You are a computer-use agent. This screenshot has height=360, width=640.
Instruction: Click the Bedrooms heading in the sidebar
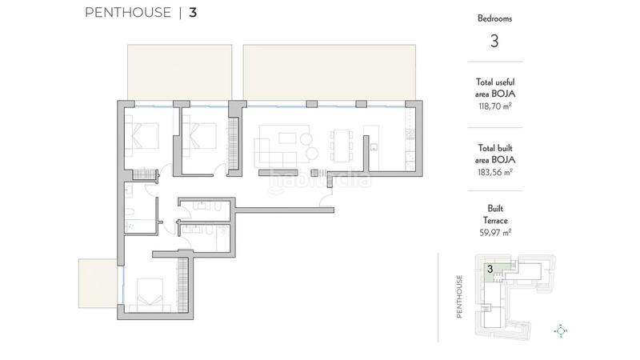pyautogui.click(x=494, y=18)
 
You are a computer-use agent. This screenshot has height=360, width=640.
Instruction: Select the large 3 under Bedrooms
pyautogui.click(x=494, y=41)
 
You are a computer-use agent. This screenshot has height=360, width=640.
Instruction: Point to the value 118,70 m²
pyautogui.click(x=494, y=106)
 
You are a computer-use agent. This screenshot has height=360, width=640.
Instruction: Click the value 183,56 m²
pyautogui.click(x=494, y=171)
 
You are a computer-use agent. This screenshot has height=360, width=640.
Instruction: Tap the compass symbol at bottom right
pyautogui.click(x=561, y=330)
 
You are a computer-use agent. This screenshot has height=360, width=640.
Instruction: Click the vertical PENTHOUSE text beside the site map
pyautogui.click(x=460, y=297)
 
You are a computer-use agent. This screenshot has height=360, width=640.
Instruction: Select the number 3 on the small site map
pyautogui.click(x=489, y=270)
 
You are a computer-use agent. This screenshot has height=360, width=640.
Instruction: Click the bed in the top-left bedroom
pyautogui.click(x=144, y=138)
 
